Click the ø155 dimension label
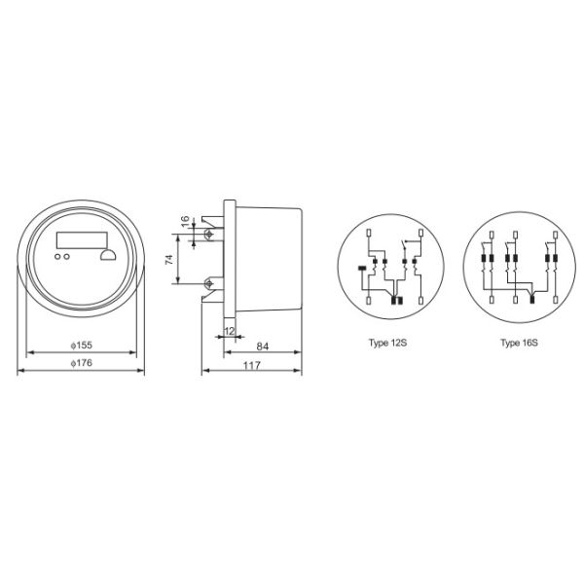81,346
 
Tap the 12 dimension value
229,331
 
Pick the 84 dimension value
263,346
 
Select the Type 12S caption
387,344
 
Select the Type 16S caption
519,344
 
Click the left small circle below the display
57,257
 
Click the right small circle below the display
66,257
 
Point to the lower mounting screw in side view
209,283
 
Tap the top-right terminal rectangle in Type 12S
420,233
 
